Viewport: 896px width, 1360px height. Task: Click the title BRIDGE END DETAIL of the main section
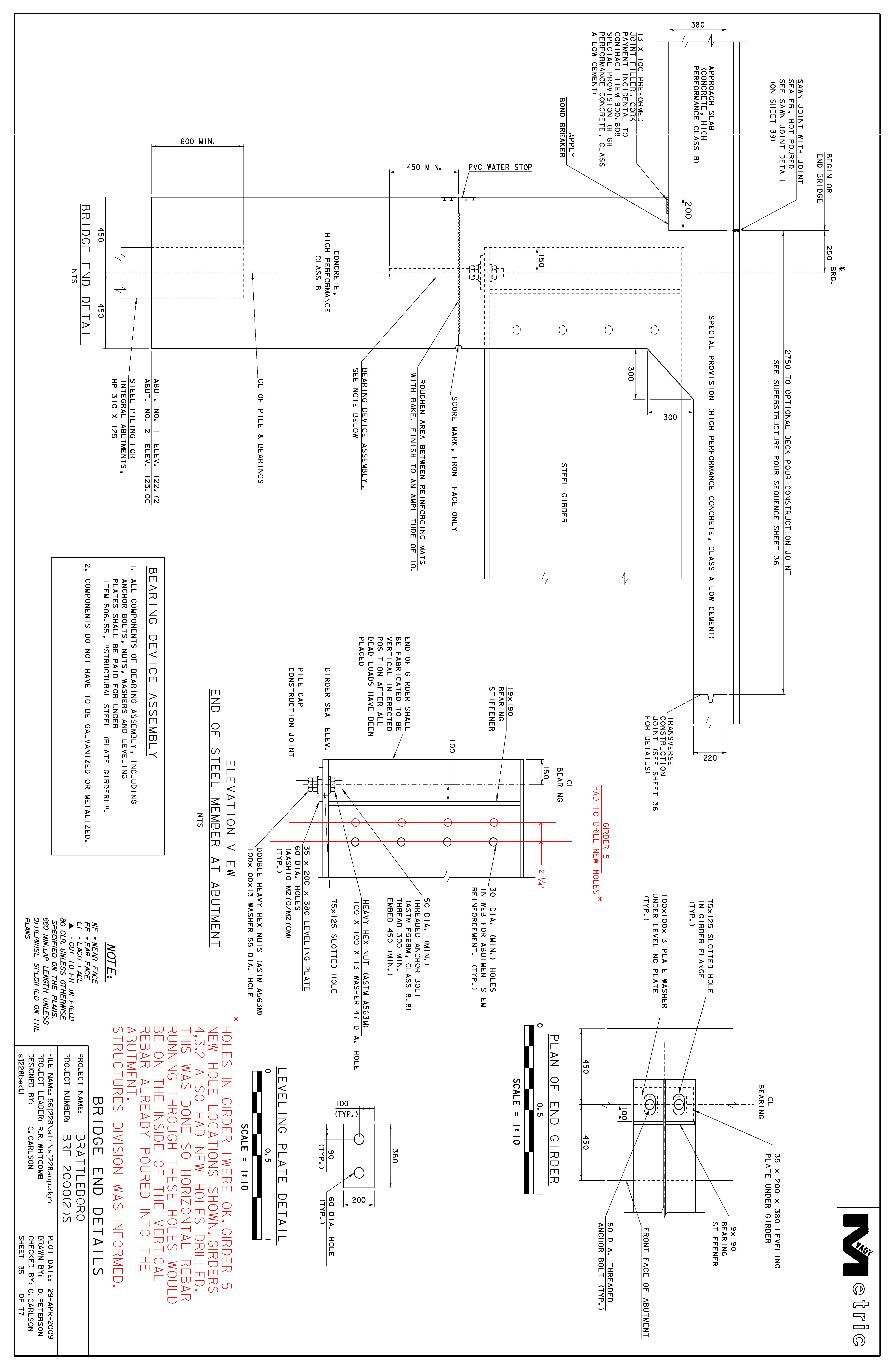pyautogui.click(x=85, y=274)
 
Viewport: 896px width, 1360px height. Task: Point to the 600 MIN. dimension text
pyautogui.click(x=198, y=141)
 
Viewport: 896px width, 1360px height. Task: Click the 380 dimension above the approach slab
pyautogui.click(x=698, y=25)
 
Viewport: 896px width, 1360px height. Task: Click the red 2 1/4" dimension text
pyautogui.click(x=541, y=877)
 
